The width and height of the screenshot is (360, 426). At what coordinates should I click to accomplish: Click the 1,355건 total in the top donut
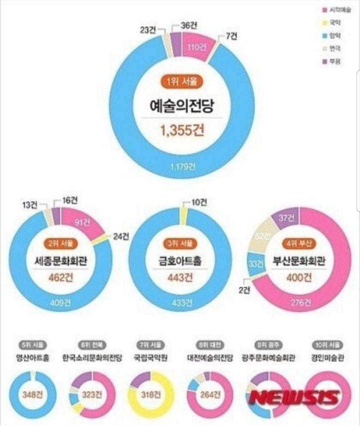[182, 131]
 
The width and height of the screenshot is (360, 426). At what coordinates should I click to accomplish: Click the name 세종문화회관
[60, 260]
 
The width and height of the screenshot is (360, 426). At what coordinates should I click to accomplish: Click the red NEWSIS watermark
[294, 398]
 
